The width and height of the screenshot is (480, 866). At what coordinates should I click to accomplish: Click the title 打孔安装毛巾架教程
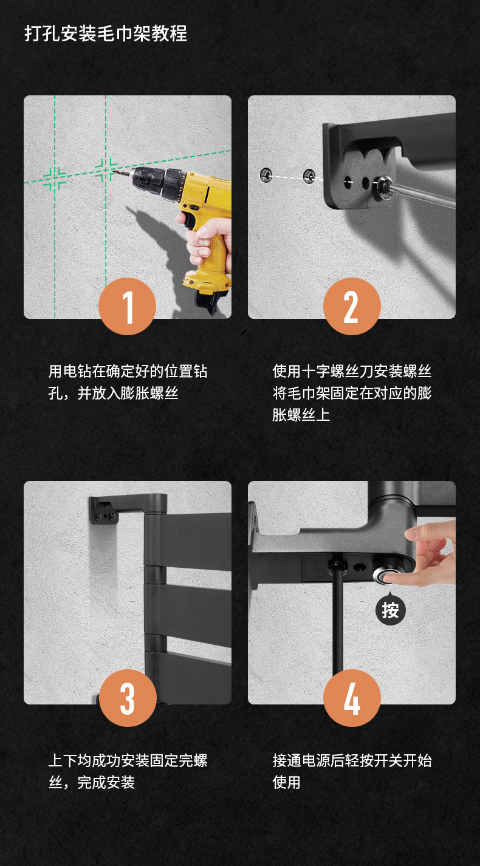[x=106, y=33]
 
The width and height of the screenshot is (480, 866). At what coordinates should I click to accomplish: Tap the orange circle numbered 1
[x=127, y=306]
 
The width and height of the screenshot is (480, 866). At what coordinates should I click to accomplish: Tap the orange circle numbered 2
[x=352, y=306]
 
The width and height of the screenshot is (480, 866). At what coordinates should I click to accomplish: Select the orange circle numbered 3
[x=128, y=698]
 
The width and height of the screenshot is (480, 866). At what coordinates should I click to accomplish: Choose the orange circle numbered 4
[x=352, y=698]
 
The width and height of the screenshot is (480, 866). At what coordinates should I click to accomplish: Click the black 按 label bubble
[x=390, y=610]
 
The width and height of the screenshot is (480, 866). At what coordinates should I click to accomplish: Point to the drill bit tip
[x=114, y=171]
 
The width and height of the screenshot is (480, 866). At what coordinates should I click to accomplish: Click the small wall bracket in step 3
[x=104, y=511]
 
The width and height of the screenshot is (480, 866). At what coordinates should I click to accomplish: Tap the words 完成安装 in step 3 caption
[x=106, y=782]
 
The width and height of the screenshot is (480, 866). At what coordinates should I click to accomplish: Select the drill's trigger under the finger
[x=188, y=221]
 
